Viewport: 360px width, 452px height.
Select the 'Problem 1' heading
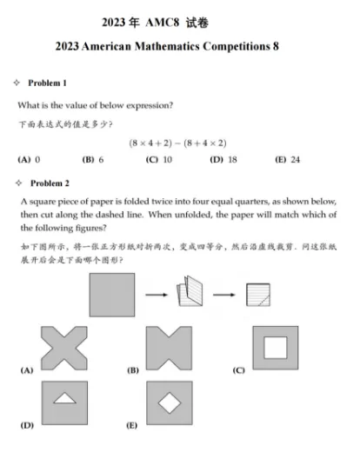[x=47, y=83]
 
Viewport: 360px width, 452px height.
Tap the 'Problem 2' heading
[x=47, y=183]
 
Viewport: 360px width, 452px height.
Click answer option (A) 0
[x=30, y=160]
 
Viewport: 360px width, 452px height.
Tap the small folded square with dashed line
[x=257, y=294]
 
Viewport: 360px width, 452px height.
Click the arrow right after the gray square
[x=157, y=294]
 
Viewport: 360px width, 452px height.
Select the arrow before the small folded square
[x=224, y=294]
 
